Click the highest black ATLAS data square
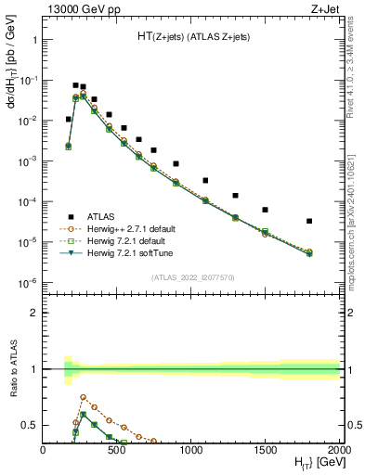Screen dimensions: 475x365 (75, 85)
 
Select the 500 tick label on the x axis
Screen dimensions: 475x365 (117, 450)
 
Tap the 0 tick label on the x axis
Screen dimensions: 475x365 (44, 450)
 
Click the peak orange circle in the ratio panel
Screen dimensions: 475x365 (84, 397)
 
